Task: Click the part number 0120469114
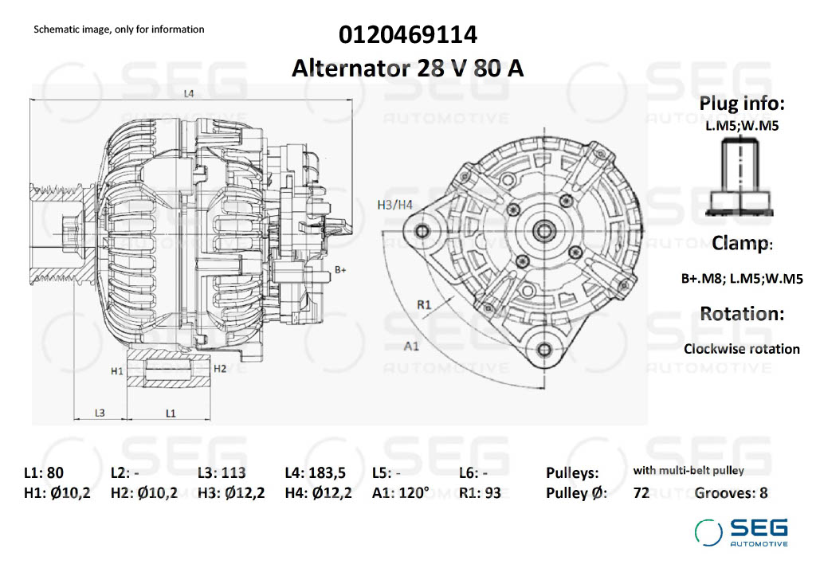point(407,35)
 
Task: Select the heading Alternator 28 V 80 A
point(407,68)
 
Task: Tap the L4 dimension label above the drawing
point(189,94)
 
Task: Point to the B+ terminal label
point(340,270)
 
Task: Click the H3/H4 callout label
point(394,205)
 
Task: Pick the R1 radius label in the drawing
point(424,304)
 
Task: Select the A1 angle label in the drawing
point(411,346)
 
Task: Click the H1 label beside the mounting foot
point(116,370)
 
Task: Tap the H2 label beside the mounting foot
point(220,368)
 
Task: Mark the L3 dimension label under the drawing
point(100,413)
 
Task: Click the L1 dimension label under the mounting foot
point(171,413)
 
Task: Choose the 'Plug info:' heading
point(742,104)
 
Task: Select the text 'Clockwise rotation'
point(741,349)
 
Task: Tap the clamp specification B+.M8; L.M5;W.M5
point(741,279)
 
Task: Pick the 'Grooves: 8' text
point(731,492)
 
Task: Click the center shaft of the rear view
point(545,231)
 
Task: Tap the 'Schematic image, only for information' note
point(119,29)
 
